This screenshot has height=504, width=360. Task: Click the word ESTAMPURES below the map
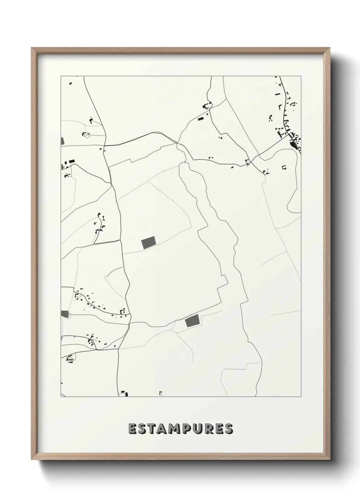point(181,429)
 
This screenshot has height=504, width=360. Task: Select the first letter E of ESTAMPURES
point(132,429)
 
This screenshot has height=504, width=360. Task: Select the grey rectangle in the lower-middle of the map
point(192,321)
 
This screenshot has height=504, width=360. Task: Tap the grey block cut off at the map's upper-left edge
point(62,141)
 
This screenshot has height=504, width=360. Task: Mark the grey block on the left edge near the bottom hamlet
point(65,314)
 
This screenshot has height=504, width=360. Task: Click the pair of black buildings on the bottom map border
point(123,394)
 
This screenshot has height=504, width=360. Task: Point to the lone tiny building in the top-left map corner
point(71,83)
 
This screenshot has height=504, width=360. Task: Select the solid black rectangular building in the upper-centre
point(200,119)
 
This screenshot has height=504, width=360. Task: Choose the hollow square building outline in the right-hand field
point(284,167)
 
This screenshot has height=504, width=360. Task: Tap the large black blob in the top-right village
point(293,145)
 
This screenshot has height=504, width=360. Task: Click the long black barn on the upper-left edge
point(71,161)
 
